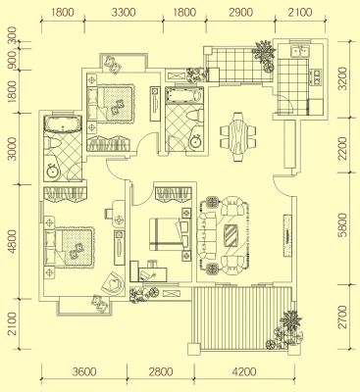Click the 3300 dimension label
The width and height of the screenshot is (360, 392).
(124, 13)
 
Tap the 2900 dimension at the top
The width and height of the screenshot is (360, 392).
(240, 13)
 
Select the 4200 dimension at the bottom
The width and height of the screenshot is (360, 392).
(243, 371)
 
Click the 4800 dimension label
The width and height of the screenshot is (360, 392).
(12, 241)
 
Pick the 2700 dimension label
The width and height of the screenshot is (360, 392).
(342, 317)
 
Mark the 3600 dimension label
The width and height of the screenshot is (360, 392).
(84, 371)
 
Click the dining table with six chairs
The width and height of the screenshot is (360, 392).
(238, 137)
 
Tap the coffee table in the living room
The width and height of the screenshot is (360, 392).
(231, 235)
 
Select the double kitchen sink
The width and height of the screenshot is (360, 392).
(299, 52)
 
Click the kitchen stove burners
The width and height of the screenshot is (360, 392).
(317, 76)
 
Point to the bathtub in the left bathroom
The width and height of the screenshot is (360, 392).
(63, 123)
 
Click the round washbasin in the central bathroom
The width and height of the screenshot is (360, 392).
(196, 142)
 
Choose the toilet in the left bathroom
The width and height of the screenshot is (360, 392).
(52, 143)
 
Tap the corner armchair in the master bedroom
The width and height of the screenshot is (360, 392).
(113, 282)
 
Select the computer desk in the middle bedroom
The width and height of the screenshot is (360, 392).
(149, 271)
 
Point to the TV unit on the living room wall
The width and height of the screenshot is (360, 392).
(287, 235)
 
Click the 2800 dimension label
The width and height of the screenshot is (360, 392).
(162, 371)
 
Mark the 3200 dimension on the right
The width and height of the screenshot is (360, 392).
(342, 78)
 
